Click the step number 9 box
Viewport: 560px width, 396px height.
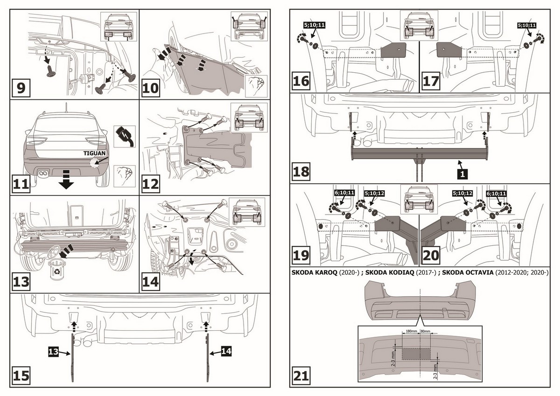pyautogui.click(x=21, y=88)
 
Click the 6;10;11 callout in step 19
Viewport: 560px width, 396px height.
pyautogui.click(x=344, y=193)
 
